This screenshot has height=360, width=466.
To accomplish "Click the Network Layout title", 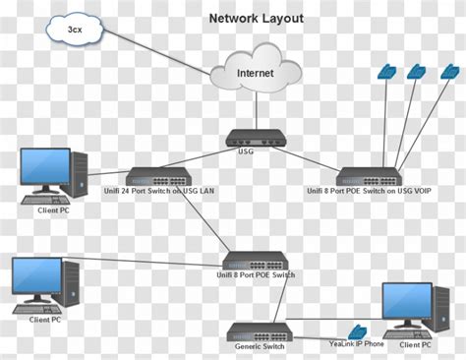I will click(256, 18).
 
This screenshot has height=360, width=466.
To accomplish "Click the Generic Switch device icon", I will click(260, 331).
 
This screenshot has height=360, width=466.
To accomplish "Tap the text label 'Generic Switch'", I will click(260, 346).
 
